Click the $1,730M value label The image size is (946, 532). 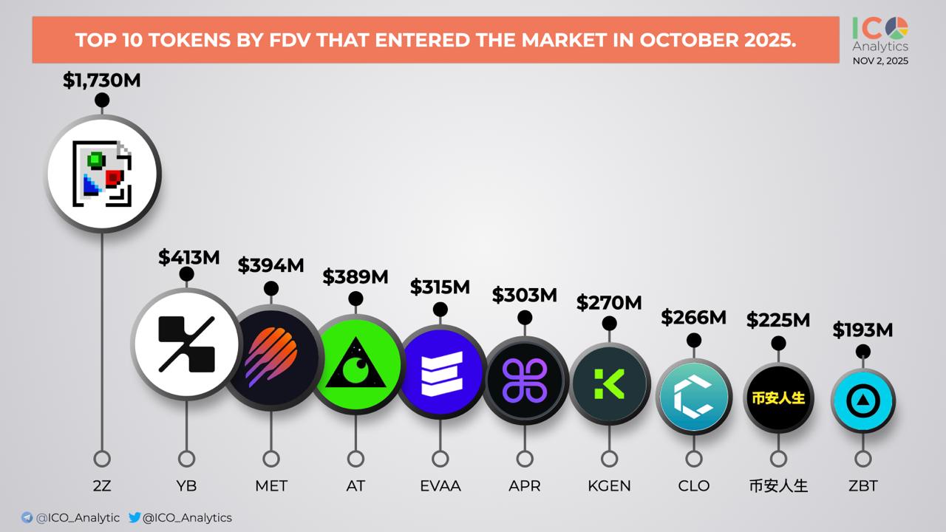point(101,81)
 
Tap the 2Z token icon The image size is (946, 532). point(103,174)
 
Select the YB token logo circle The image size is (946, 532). point(186,344)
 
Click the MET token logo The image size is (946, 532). point(271,357)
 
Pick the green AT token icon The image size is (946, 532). point(355,364)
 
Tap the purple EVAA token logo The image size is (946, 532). point(440,372)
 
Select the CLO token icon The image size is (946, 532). point(693,397)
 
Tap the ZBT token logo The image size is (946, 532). point(862,401)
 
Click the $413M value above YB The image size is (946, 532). point(188,257)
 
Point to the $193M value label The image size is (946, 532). point(862,330)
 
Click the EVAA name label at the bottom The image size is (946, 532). point(440,485)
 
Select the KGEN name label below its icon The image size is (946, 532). point(609,485)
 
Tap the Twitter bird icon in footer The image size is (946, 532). point(135,518)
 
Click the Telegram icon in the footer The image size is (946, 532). point(27,518)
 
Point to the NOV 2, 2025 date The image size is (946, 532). point(880,61)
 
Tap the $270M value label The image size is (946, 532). point(609,302)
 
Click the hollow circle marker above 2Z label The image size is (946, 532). point(102,459)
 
